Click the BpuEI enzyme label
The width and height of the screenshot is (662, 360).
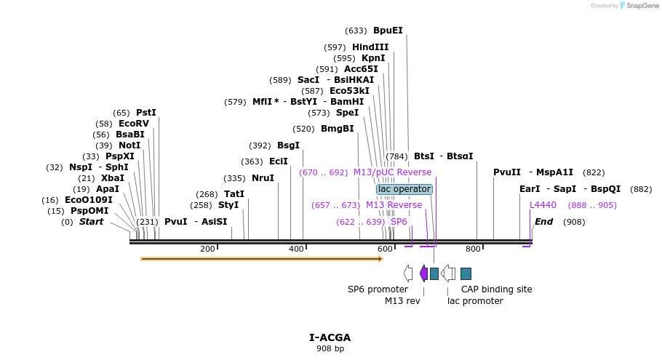pos(388,31)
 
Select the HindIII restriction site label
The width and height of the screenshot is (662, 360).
pos(370,47)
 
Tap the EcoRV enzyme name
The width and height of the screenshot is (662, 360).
pos(133,124)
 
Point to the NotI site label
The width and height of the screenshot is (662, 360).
pos(129,145)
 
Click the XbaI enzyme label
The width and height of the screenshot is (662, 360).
pos(113,178)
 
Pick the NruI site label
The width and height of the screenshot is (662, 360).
pos(263,178)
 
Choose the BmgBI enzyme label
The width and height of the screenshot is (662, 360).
pos(338,129)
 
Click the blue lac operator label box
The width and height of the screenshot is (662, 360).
pos(404,189)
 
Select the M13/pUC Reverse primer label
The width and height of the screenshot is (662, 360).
pos(392,172)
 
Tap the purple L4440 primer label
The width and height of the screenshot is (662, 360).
pos(543,205)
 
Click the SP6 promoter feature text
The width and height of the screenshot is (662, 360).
pos(378,289)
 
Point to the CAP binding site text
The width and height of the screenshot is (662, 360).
pos(496,289)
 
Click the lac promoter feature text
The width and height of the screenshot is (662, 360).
pos(475,301)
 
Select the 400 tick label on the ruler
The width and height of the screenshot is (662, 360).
pos(296,249)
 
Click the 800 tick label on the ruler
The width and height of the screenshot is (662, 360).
pos(473,249)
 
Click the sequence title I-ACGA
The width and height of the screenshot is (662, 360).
pos(330,337)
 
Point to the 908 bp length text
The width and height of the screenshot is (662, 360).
pos(330,349)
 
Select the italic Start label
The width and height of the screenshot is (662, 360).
pos(91,222)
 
